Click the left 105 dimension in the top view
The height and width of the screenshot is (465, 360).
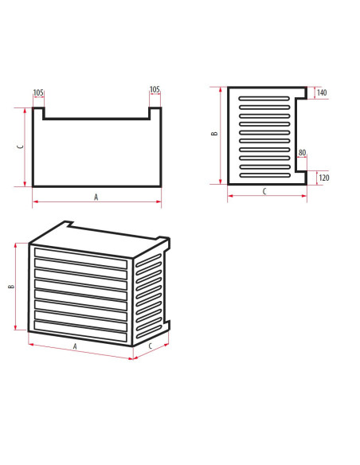[38, 92]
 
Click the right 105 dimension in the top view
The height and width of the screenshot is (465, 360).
[155, 89]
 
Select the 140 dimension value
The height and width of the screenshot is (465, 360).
[322, 92]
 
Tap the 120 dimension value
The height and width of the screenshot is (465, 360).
[324, 178]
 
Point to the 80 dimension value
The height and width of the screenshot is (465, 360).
[302, 153]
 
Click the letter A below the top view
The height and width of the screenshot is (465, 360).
[96, 197]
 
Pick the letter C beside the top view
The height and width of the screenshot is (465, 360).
[21, 147]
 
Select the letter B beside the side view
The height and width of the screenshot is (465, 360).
[214, 134]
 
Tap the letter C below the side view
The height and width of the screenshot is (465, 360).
[264, 192]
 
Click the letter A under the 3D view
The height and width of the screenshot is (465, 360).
[75, 346]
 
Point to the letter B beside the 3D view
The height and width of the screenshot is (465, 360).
[11, 287]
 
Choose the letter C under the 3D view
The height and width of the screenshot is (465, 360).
[151, 346]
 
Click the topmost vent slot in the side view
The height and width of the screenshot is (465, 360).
[264, 98]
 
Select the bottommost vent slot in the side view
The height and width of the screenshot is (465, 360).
[264, 175]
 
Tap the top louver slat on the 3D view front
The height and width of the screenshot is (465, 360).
[80, 258]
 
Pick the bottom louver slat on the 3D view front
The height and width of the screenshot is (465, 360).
[80, 331]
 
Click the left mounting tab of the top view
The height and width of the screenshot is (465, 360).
[38, 113]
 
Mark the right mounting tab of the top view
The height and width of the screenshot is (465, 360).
[155, 113]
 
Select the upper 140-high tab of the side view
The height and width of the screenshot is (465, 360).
[301, 92]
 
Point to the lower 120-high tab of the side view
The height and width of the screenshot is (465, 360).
[301, 178]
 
